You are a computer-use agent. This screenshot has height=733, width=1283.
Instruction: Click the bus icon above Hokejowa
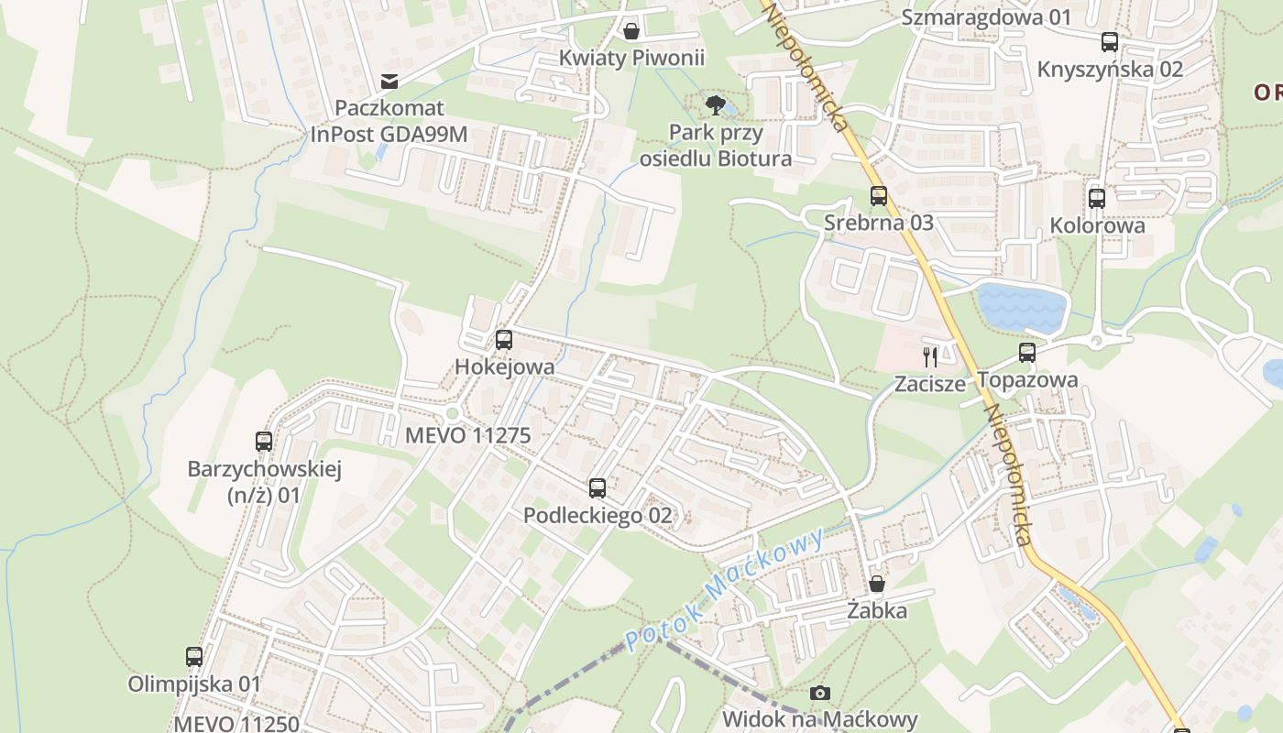(503, 340)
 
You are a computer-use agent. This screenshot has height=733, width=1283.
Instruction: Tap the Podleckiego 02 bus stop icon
(598, 487)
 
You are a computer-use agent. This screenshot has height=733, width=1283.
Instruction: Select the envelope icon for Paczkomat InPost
(389, 82)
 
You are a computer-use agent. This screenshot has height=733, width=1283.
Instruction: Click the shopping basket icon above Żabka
(877, 584)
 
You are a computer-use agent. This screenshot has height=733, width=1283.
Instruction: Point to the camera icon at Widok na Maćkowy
(820, 693)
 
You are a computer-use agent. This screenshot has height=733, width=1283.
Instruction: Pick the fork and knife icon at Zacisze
(930, 356)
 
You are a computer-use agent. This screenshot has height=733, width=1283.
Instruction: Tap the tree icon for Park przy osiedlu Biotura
(716, 104)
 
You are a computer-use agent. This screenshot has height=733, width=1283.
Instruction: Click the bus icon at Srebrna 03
(878, 195)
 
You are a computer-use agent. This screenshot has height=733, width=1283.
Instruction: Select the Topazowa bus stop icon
(1026, 353)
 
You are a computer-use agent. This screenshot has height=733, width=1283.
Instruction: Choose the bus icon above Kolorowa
(1097, 198)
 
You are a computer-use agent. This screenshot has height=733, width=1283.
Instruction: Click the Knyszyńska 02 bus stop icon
(1109, 42)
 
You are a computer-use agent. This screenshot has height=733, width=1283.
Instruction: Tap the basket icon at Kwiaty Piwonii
(631, 31)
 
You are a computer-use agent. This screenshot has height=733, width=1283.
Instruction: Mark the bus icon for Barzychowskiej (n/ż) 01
(264, 442)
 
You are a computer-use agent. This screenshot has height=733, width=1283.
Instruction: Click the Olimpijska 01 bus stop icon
(194, 656)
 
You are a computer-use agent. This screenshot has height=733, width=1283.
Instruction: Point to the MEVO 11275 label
(467, 435)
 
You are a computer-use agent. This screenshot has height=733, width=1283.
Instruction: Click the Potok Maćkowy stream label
(725, 589)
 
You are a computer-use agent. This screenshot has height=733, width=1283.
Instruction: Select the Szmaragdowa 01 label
(986, 16)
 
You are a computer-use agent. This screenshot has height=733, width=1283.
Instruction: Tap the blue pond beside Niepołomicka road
(1021, 307)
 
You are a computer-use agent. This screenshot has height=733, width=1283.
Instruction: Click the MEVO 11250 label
(236, 723)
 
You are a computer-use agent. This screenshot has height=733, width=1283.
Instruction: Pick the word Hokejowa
(504, 367)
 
